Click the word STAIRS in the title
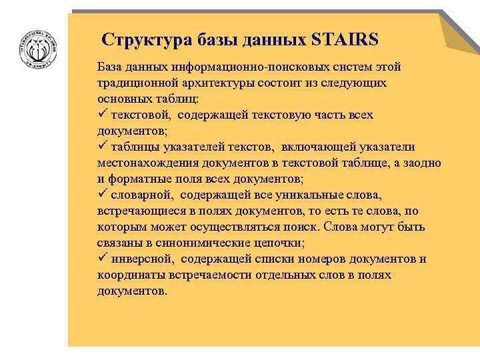point(345,39)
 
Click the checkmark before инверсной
point(102,259)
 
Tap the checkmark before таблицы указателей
point(102,147)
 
